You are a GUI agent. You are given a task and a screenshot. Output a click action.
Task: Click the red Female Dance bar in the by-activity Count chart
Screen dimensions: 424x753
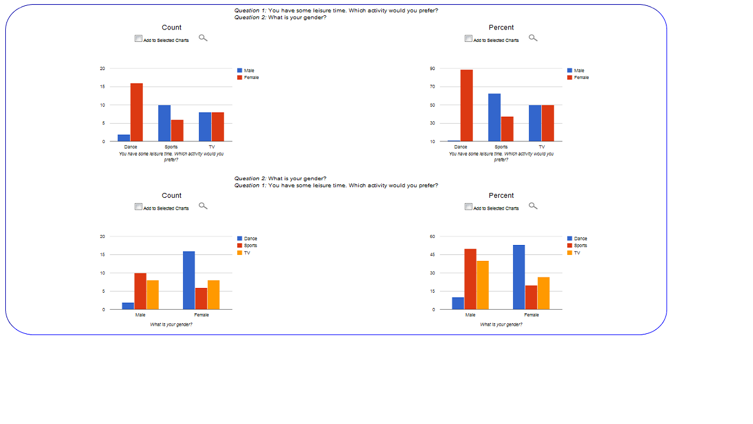(136, 112)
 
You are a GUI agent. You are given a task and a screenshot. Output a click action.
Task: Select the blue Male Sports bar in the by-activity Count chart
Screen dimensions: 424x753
(164, 123)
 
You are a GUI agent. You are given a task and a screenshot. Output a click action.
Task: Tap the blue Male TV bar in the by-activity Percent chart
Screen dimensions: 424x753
(535, 123)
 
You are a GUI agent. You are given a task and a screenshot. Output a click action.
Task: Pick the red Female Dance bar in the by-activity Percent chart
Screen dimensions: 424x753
(467, 105)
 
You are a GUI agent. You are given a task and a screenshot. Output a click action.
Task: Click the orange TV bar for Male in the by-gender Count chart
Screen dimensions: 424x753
(152, 294)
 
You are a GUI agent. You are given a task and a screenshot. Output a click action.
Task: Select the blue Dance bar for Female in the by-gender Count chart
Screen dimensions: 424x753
(189, 280)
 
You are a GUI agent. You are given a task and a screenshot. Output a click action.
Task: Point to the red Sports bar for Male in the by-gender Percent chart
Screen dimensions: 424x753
(470, 279)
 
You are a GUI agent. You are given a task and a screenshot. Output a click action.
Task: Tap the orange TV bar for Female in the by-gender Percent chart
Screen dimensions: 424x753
(543, 293)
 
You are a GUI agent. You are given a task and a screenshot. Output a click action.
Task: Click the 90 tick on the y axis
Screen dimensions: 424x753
(432, 69)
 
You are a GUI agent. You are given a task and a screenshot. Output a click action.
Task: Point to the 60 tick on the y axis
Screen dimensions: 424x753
(432, 237)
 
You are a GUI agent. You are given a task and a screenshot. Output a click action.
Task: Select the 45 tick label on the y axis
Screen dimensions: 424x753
(432, 255)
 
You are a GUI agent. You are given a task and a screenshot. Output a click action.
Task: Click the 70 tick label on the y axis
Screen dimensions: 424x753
(432, 87)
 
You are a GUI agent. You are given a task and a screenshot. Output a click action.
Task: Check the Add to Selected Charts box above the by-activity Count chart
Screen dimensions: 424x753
(138, 38)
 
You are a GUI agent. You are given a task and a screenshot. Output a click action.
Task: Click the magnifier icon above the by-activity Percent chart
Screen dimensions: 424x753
(533, 38)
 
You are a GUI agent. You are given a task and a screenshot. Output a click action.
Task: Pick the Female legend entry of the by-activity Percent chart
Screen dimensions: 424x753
(581, 78)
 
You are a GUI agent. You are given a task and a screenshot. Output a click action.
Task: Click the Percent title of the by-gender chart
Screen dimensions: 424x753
(501, 196)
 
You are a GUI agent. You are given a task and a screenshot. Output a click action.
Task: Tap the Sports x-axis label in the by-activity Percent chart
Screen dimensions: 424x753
(501, 147)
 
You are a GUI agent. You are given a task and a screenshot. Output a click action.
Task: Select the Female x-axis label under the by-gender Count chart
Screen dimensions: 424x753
(201, 315)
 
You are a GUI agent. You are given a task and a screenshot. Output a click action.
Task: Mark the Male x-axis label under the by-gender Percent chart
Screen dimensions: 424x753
(470, 315)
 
